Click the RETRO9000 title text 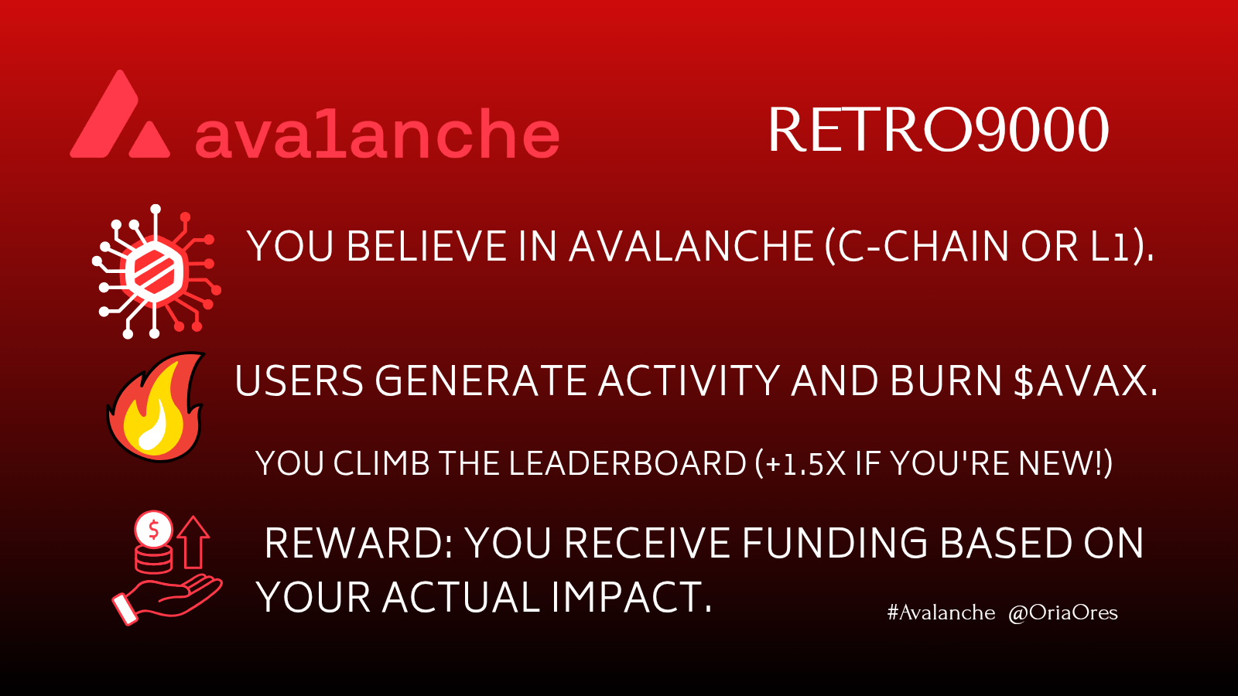[938, 131]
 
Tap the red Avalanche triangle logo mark [119, 114]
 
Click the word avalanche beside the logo [377, 132]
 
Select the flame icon [156, 407]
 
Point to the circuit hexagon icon [156, 271]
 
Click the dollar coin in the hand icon [153, 530]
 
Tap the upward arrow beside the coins [193, 542]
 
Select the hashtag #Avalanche [941, 612]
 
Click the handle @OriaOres [1063, 612]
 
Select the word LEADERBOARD [628, 463]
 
